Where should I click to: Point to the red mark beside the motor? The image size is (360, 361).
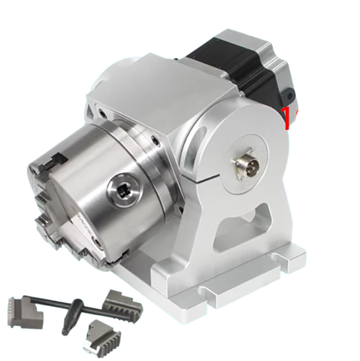[286, 119]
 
